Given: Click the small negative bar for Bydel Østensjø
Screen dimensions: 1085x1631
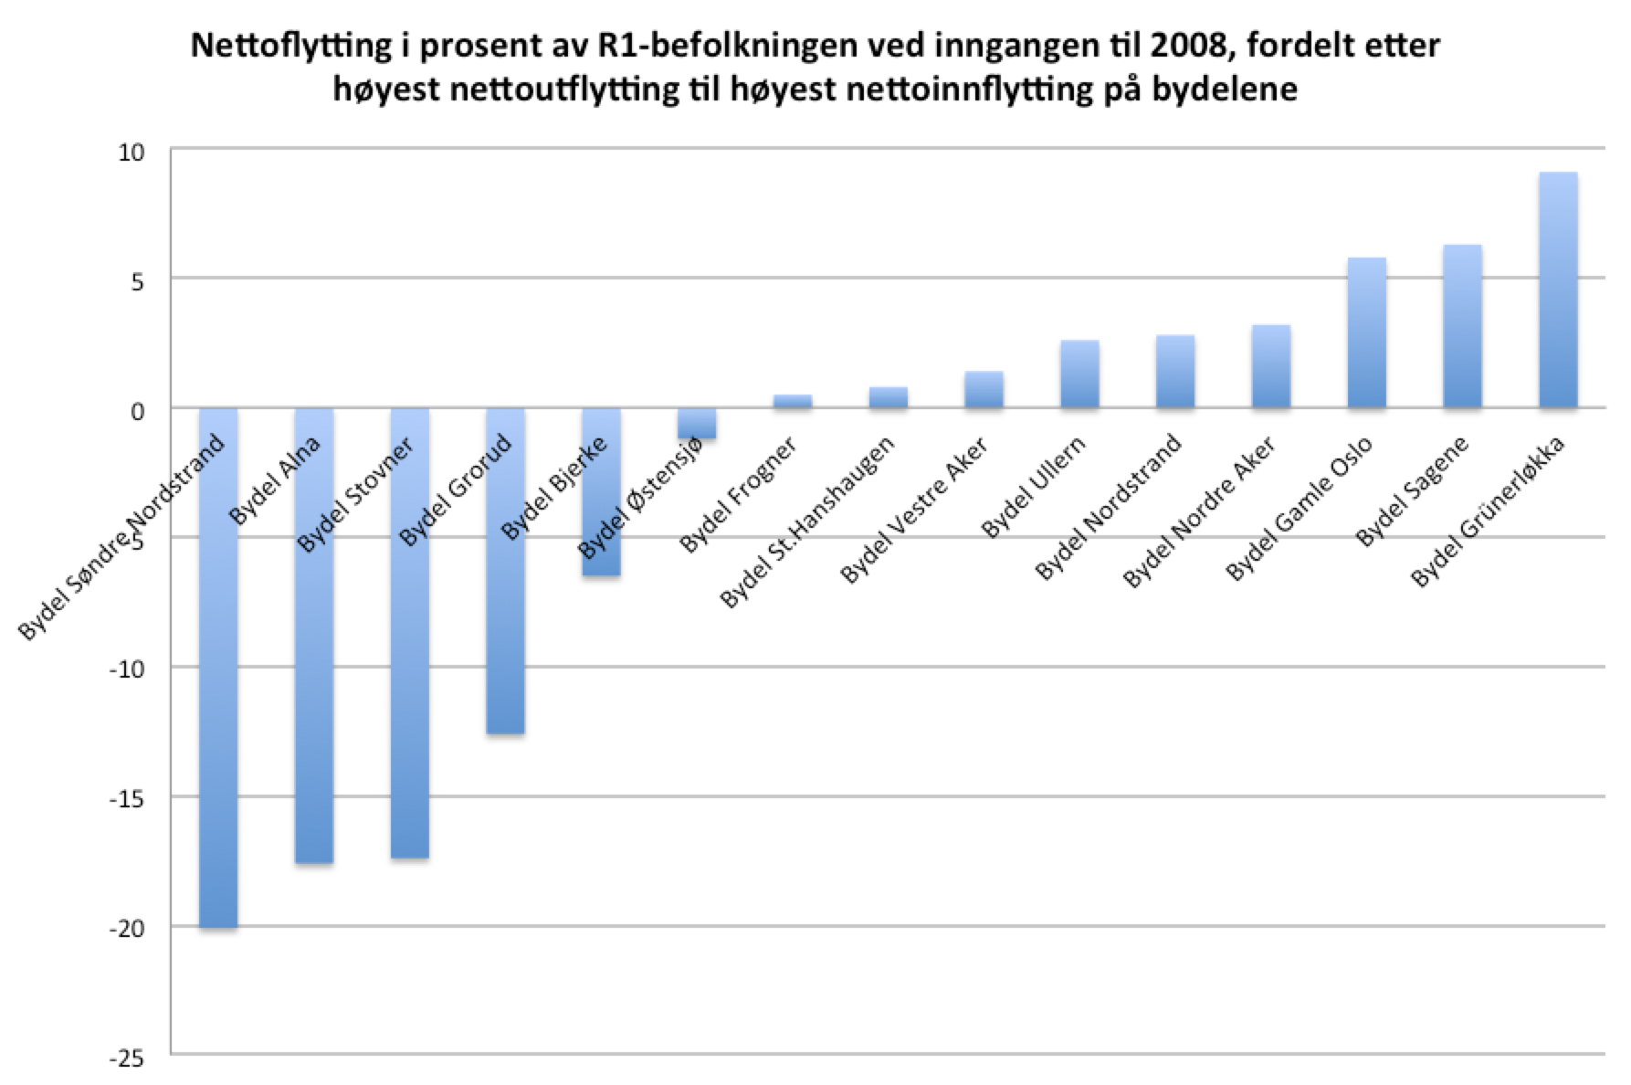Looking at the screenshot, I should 697,424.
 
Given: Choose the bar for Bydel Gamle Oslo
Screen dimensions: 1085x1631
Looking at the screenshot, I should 1367,332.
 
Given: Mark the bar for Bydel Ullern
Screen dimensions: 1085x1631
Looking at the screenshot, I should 1079,374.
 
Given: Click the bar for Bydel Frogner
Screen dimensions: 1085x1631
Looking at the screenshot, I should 793,401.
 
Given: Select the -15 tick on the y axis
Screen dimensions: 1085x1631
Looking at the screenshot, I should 127,798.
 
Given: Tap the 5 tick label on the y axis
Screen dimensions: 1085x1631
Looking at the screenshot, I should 137,280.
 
